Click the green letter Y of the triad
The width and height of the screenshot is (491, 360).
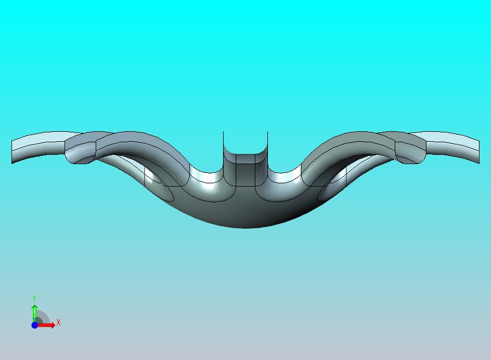point(34,298)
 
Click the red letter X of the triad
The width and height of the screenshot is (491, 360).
point(59,322)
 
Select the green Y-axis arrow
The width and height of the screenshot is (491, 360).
point(34,313)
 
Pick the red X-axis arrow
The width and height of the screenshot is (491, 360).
point(46,325)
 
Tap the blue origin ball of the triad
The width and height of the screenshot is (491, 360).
point(35,325)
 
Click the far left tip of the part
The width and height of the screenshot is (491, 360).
point(12,152)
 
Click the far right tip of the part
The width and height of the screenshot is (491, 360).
point(479,152)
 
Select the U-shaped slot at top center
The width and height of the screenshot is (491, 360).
point(245,143)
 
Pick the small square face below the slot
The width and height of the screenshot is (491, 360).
point(245,175)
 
